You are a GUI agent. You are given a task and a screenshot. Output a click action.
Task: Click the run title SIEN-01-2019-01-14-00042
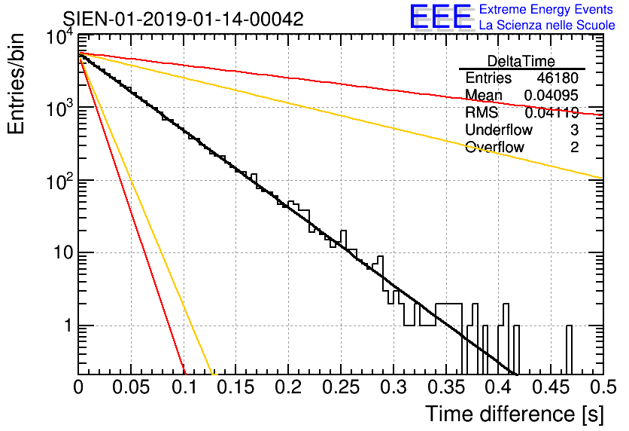(x=183, y=20)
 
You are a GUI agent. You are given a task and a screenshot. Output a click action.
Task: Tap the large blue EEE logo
(x=441, y=17)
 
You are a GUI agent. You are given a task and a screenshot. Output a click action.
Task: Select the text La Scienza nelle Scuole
(x=547, y=25)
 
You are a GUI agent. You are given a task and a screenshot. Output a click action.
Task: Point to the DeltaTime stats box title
(x=521, y=61)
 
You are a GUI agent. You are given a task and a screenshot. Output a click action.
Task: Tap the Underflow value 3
(x=574, y=130)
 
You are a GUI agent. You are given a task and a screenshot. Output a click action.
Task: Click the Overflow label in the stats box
(x=494, y=148)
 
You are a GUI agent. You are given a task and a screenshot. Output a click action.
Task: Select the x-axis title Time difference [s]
(x=514, y=414)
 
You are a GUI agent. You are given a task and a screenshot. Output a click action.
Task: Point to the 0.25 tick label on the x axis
(x=341, y=387)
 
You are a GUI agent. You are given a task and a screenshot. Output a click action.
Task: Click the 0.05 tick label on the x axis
(x=132, y=387)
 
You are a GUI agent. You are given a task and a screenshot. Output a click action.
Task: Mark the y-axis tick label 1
(x=66, y=326)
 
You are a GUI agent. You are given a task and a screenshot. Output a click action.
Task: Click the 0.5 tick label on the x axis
(x=602, y=387)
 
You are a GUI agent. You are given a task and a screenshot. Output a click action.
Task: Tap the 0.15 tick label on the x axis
(x=236, y=387)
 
